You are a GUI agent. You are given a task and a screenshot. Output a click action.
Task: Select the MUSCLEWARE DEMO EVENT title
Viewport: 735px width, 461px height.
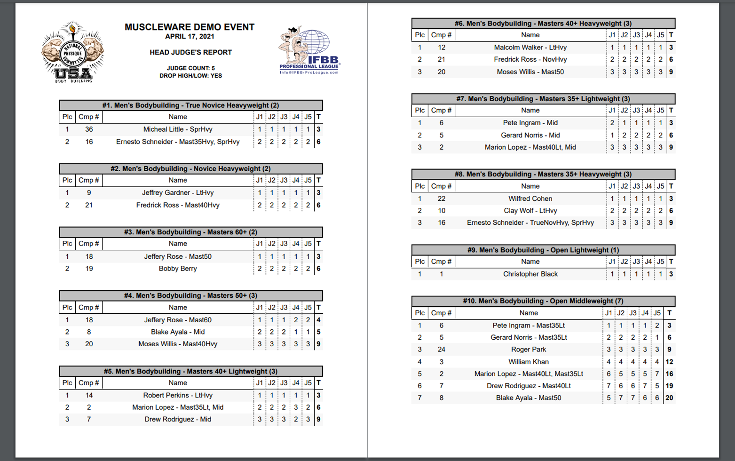click(x=190, y=27)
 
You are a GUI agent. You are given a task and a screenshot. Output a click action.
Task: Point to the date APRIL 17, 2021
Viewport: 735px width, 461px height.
click(x=190, y=37)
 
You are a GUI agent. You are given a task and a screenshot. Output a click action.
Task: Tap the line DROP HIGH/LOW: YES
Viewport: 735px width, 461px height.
click(x=190, y=76)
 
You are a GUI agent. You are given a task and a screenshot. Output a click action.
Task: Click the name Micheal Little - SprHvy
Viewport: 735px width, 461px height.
click(x=178, y=129)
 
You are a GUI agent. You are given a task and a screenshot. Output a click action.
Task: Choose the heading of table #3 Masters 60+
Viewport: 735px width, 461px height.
click(x=190, y=232)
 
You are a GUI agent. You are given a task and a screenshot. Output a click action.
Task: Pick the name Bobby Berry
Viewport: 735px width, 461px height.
click(x=178, y=269)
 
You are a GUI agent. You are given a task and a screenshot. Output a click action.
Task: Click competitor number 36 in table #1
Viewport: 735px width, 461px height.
click(x=89, y=129)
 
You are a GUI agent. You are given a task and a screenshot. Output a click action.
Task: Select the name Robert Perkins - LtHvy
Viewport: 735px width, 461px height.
click(x=178, y=396)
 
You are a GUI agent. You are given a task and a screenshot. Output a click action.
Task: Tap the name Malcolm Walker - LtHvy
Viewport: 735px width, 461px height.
click(x=530, y=48)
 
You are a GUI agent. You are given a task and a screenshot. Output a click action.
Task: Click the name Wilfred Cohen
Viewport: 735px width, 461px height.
click(x=530, y=199)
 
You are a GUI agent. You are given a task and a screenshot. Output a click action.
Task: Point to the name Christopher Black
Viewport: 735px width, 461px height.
click(x=530, y=274)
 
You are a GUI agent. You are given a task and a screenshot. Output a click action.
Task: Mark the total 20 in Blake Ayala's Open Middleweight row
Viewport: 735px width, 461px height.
click(x=669, y=398)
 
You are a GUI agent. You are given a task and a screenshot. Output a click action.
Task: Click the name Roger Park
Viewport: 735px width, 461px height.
click(x=529, y=350)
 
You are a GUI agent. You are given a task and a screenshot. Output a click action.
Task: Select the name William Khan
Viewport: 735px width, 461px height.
click(x=529, y=362)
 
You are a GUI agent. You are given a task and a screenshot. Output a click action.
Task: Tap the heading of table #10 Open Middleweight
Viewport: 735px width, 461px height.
click(x=543, y=301)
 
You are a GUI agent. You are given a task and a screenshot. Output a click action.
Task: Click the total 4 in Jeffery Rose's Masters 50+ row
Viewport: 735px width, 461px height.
click(x=319, y=320)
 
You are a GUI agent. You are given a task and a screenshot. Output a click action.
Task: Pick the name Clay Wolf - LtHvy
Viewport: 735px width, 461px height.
click(x=530, y=211)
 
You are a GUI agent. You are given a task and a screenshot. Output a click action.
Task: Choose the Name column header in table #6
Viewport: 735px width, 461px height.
click(x=530, y=35)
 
